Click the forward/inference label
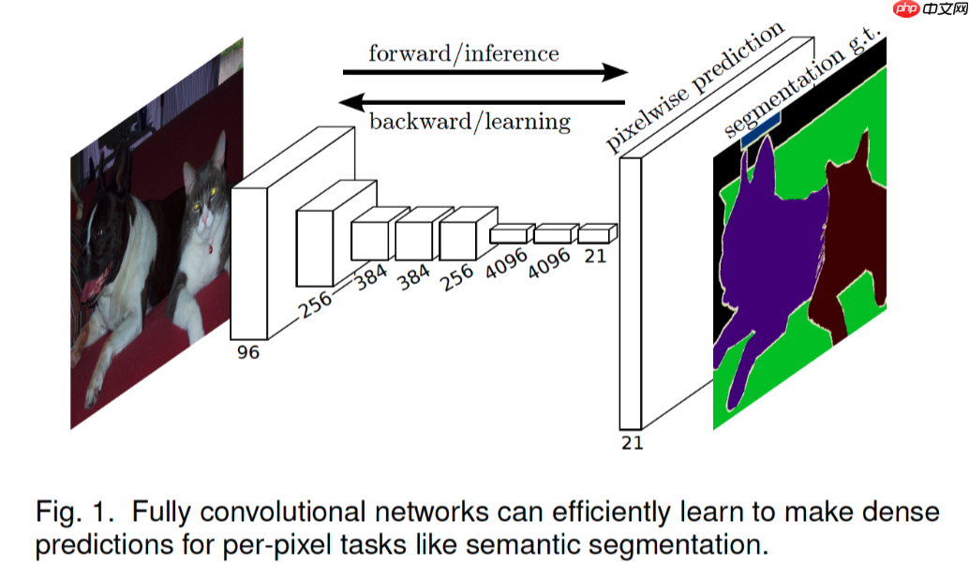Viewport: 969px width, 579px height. pos(463,52)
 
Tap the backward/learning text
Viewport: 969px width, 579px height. pos(470,121)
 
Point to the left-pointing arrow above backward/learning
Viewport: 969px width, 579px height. pos(482,100)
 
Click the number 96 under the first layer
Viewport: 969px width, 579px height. pos(248,352)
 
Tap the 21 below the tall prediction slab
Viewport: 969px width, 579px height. pos(633,442)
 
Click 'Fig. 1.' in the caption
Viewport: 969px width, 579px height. pos(76,512)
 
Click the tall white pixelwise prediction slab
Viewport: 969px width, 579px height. pos(630,290)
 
